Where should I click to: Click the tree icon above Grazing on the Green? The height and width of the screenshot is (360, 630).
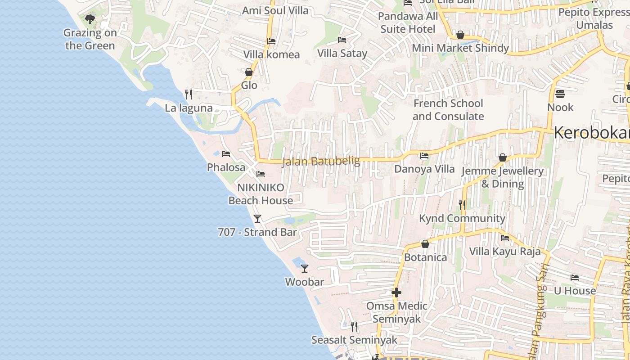[90, 19]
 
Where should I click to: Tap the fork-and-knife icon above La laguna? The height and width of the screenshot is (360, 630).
[189, 94]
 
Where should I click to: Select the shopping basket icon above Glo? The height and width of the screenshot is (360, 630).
[249, 72]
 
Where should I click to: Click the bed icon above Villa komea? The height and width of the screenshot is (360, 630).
[271, 41]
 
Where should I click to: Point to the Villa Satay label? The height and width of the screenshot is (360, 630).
[342, 53]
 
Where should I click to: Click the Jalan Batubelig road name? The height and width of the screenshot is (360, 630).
[321, 161]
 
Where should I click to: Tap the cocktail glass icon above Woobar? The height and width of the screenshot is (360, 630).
[305, 269]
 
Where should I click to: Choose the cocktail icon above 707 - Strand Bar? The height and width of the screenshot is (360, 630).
[257, 219]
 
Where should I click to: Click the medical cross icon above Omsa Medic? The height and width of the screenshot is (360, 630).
[396, 292]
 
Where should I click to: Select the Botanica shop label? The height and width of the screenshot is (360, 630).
[425, 257]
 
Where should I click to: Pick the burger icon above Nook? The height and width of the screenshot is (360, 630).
[560, 94]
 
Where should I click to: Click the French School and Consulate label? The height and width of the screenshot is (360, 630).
[448, 110]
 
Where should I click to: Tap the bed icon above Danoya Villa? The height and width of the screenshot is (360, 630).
[424, 156]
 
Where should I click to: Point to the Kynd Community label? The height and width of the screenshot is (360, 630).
[462, 218]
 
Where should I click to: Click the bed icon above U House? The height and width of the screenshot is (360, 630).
[575, 278]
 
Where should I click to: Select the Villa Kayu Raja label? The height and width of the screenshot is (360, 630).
[505, 251]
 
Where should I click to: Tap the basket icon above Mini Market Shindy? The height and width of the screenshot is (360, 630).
[460, 35]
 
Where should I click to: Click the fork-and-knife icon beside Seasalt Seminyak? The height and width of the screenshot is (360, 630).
[354, 326]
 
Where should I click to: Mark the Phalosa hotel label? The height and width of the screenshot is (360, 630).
[226, 167]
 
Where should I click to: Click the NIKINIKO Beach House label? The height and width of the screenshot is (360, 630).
[261, 194]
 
